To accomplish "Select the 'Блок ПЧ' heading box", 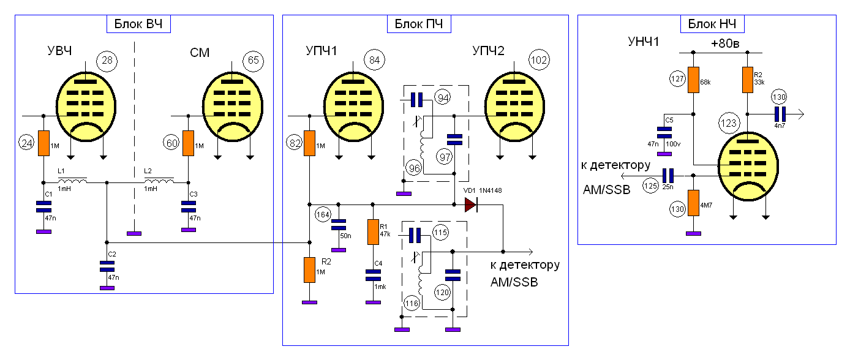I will pyautogui.click(x=419, y=24).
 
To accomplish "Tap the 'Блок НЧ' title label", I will pyautogui.click(x=712, y=24).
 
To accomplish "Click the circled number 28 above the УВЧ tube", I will pyautogui.click(x=107, y=61).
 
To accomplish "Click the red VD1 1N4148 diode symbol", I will pyautogui.click(x=470, y=204).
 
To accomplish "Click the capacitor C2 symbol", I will pyautogui.click(x=107, y=266).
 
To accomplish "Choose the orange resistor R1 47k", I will pyautogui.click(x=372, y=232).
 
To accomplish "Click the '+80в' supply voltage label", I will pyautogui.click(x=725, y=44).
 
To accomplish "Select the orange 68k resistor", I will pyautogui.click(x=693, y=80).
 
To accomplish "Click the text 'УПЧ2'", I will pyautogui.click(x=488, y=51).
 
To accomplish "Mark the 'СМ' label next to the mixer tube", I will pyautogui.click(x=200, y=53).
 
